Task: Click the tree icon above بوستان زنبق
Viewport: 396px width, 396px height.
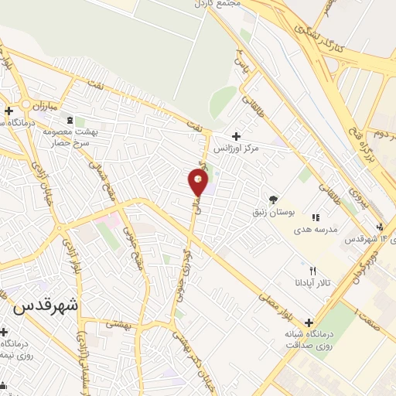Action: [272, 199]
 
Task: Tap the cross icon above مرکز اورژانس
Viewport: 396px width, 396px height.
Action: [247, 136]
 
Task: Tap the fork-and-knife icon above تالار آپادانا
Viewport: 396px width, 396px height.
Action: [312, 271]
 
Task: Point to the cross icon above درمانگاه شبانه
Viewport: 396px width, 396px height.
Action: [309, 322]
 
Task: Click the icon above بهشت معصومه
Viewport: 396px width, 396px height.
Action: [71, 121]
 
